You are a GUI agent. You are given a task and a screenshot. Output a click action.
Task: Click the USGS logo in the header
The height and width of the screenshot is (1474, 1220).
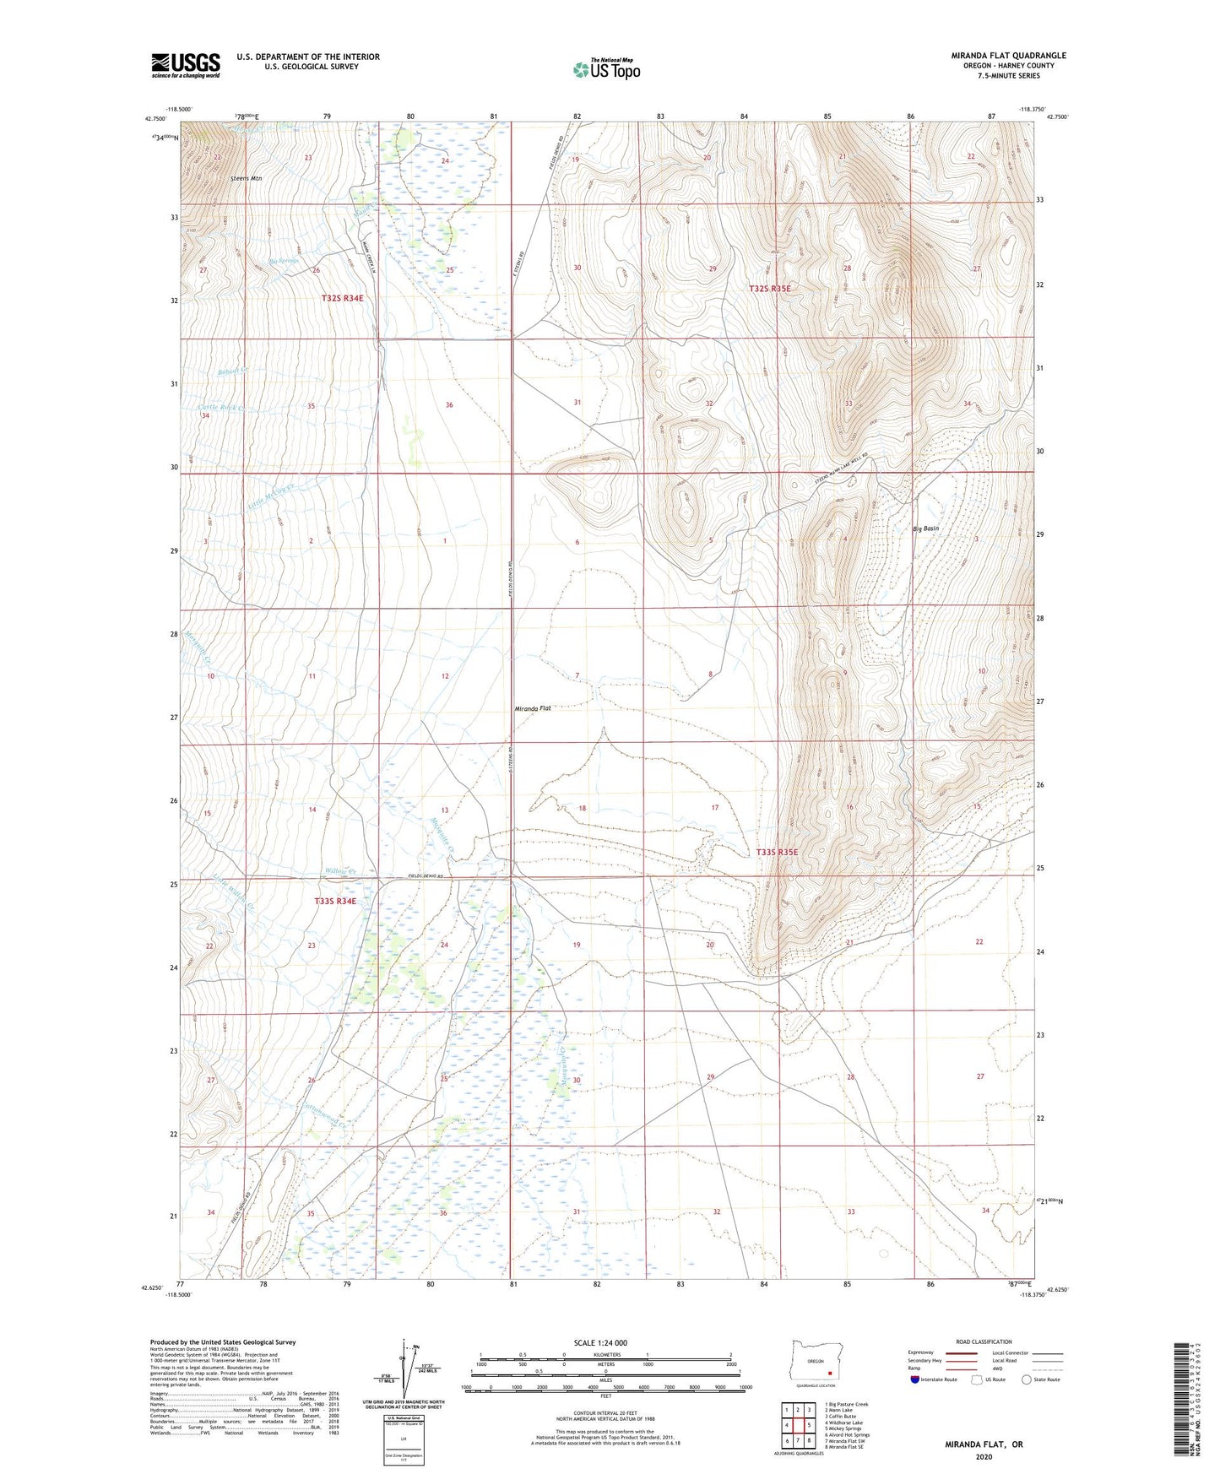tap(186, 64)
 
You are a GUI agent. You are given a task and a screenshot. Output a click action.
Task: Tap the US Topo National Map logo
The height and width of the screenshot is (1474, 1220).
tap(605, 68)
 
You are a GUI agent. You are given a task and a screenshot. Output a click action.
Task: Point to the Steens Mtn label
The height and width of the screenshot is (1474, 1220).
tap(247, 178)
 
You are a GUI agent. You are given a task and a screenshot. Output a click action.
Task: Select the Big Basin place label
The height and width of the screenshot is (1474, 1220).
tap(925, 528)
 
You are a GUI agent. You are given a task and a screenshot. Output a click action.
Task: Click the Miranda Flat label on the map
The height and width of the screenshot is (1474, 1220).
tap(532, 708)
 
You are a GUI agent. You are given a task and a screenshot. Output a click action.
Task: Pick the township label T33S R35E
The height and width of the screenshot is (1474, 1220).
tap(777, 852)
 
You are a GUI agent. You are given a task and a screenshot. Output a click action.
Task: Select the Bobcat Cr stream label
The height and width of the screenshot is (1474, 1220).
tap(233, 370)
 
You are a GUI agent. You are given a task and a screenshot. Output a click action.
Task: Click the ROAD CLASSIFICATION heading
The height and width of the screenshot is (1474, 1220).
tap(984, 1341)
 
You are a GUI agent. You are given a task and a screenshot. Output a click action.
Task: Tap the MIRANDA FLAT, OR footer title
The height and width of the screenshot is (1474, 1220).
tap(984, 1444)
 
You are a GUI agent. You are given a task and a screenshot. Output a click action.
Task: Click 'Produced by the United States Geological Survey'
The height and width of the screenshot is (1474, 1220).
tap(223, 1341)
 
